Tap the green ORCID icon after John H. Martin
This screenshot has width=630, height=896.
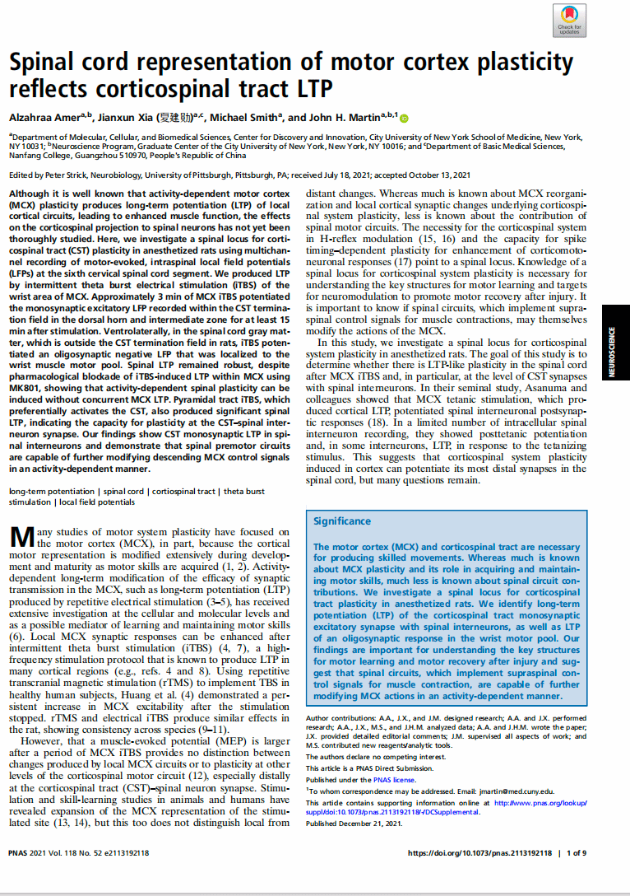[x=404, y=117]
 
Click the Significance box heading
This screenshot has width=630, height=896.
[x=341, y=521]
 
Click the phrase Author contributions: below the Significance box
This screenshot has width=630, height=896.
[x=340, y=718]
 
